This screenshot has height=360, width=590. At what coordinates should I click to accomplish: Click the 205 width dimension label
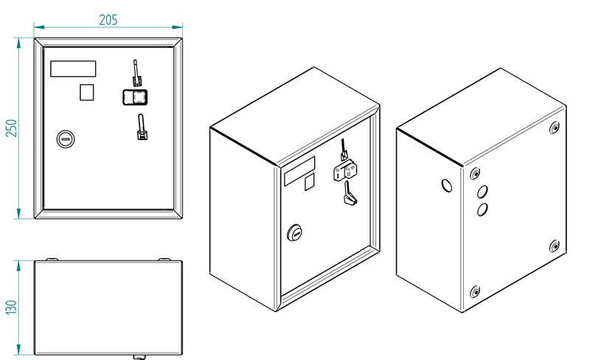108,20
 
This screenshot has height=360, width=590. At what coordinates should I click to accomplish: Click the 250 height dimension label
12,128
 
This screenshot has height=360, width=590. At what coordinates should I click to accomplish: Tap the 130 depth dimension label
12,307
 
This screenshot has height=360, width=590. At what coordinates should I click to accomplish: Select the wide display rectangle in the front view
73,69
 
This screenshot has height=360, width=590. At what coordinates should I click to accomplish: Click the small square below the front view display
86,92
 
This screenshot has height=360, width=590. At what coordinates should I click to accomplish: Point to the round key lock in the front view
66,139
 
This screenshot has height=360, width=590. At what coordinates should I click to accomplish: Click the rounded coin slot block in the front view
135,97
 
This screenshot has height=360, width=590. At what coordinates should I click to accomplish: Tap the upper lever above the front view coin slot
136,73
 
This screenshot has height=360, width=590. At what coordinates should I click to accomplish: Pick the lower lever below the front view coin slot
142,127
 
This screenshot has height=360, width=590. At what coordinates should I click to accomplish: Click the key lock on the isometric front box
294,232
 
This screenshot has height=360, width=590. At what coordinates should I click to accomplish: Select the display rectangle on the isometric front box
299,171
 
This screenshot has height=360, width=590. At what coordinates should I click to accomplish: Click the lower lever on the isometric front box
349,193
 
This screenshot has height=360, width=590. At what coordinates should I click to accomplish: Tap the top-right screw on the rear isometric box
554,128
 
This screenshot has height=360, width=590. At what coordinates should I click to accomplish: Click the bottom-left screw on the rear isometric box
475,291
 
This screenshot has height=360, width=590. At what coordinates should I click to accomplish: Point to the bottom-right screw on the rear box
554,246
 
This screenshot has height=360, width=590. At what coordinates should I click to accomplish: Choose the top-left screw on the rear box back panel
475,173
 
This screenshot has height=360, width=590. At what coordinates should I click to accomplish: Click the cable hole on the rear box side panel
447,185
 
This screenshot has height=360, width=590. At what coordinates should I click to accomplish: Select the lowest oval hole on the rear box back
482,210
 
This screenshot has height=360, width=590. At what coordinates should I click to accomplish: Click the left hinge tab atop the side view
52,259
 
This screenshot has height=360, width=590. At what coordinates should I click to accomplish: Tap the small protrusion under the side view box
139,357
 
